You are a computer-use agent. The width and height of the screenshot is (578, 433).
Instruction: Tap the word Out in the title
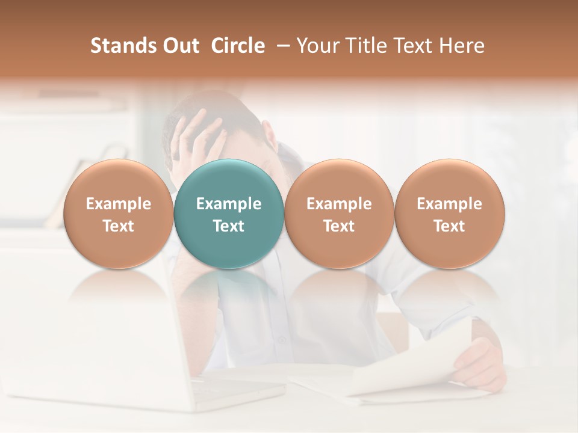tap(179, 46)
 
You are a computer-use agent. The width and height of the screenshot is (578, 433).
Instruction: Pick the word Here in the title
tap(462, 46)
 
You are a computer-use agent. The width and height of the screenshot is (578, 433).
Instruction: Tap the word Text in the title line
tap(414, 46)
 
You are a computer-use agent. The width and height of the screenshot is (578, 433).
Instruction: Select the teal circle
tap(229, 213)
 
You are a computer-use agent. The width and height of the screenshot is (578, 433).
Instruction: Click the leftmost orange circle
tap(118, 213)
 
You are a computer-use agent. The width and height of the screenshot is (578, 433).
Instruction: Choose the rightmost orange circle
tap(449, 213)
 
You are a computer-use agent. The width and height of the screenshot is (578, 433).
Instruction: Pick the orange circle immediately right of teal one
tap(339, 213)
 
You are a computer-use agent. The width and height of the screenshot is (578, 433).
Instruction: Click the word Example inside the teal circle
tap(229, 204)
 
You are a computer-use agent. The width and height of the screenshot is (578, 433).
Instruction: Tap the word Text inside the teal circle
tap(229, 226)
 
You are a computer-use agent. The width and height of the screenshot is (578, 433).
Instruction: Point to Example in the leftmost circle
tap(118, 204)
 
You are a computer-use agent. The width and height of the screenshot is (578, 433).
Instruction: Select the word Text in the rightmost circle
tap(449, 226)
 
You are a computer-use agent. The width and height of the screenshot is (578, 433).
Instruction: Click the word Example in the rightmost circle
tap(449, 204)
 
